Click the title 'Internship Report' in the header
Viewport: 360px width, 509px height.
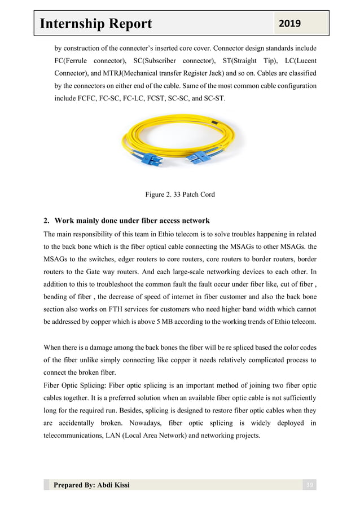pos(96,24)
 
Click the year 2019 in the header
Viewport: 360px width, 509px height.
pos(288,23)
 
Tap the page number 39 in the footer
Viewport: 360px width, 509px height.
pos(309,485)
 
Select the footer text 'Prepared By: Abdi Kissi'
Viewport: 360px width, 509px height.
pos(91,485)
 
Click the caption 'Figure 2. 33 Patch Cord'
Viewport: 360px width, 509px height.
pos(179,195)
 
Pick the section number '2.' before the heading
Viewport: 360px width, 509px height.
pos(47,220)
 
